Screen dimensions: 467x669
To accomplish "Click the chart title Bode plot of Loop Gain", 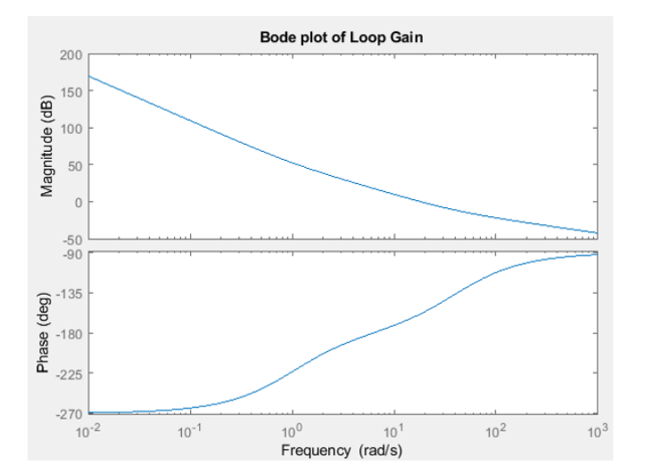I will click(x=342, y=38).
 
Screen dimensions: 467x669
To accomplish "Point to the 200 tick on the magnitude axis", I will click(x=71, y=55).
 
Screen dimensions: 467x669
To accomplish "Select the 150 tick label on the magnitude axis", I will click(x=71, y=92).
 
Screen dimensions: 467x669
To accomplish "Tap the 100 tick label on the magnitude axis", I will click(x=71, y=129).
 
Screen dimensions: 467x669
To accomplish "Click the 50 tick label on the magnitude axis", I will click(x=75, y=165).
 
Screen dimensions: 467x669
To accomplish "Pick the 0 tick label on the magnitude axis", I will click(x=78, y=203).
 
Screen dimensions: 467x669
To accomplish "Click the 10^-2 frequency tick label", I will click(x=89, y=431).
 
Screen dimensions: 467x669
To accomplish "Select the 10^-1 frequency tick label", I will click(x=190, y=431).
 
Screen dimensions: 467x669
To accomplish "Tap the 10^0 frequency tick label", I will click(x=293, y=431).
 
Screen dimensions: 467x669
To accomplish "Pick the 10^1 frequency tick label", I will click(x=394, y=431).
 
